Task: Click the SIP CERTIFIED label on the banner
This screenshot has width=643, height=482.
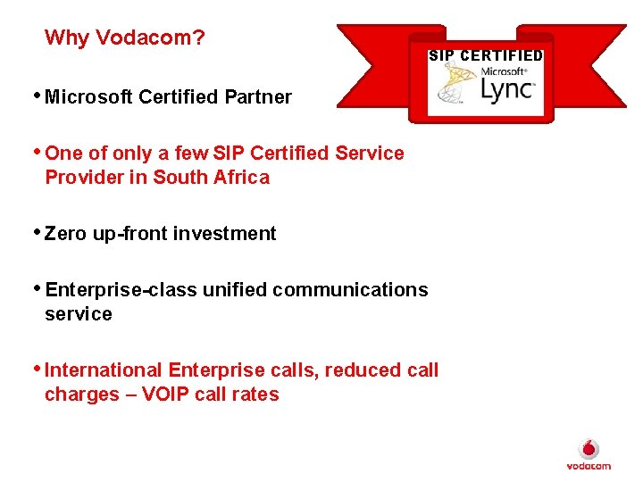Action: point(485,55)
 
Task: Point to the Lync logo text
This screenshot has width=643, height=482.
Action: point(506,89)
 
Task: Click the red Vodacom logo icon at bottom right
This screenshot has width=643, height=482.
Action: point(589,449)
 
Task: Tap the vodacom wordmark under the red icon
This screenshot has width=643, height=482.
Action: point(589,466)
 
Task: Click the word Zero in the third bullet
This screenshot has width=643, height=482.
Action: point(64,234)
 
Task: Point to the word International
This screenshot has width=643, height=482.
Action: point(104,370)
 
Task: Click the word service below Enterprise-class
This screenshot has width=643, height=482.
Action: point(79,314)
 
